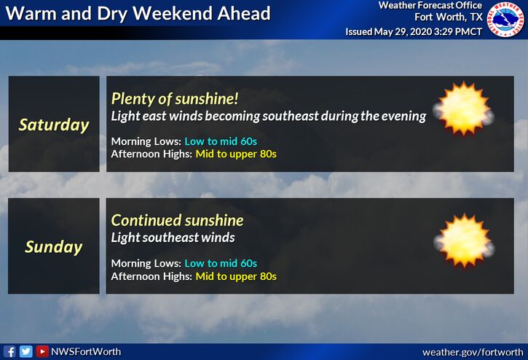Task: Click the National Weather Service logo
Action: click(x=505, y=19)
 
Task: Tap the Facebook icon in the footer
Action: click(x=10, y=351)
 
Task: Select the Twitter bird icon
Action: click(x=26, y=351)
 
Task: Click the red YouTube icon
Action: click(x=42, y=351)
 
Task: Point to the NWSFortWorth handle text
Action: click(x=86, y=351)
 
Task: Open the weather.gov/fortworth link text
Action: click(x=473, y=352)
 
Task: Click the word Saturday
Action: click(x=54, y=125)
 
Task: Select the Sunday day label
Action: click(x=54, y=247)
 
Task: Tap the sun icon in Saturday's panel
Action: click(x=464, y=109)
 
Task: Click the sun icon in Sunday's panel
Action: click(x=464, y=240)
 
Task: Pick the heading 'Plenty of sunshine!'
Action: click(x=175, y=99)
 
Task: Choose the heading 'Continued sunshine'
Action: click(x=178, y=221)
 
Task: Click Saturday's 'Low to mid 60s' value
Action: click(x=221, y=141)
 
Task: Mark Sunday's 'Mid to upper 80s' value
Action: click(x=236, y=276)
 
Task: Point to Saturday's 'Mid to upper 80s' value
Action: click(x=236, y=154)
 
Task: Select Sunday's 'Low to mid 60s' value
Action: click(x=221, y=263)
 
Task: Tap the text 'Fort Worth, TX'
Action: click(x=449, y=17)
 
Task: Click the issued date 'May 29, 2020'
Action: click(x=403, y=31)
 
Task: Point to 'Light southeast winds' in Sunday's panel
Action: click(x=173, y=238)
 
